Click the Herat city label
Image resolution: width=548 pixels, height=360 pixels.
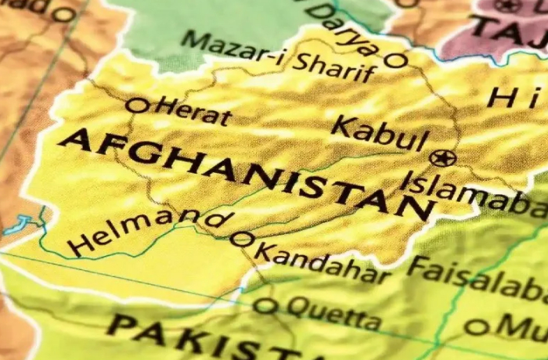point(194,113)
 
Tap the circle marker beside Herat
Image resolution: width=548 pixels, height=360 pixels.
point(137,105)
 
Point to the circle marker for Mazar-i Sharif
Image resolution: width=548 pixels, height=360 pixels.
point(397,60)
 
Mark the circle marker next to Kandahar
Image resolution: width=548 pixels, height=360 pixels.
point(241,239)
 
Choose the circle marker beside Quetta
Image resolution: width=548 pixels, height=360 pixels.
point(265,305)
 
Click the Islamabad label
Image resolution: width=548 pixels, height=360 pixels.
point(474,196)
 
